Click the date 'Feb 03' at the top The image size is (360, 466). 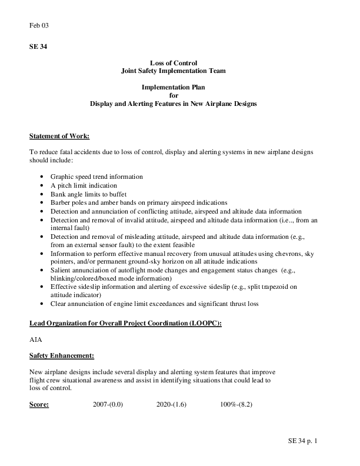38,25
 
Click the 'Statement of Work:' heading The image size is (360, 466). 59,136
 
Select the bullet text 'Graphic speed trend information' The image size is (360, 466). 96,177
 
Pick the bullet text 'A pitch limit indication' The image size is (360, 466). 84,185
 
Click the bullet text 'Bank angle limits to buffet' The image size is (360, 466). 89,193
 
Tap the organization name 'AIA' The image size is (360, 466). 35,340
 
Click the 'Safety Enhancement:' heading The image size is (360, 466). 62,355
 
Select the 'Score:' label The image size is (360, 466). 39,405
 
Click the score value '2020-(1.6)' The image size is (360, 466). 172,405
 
